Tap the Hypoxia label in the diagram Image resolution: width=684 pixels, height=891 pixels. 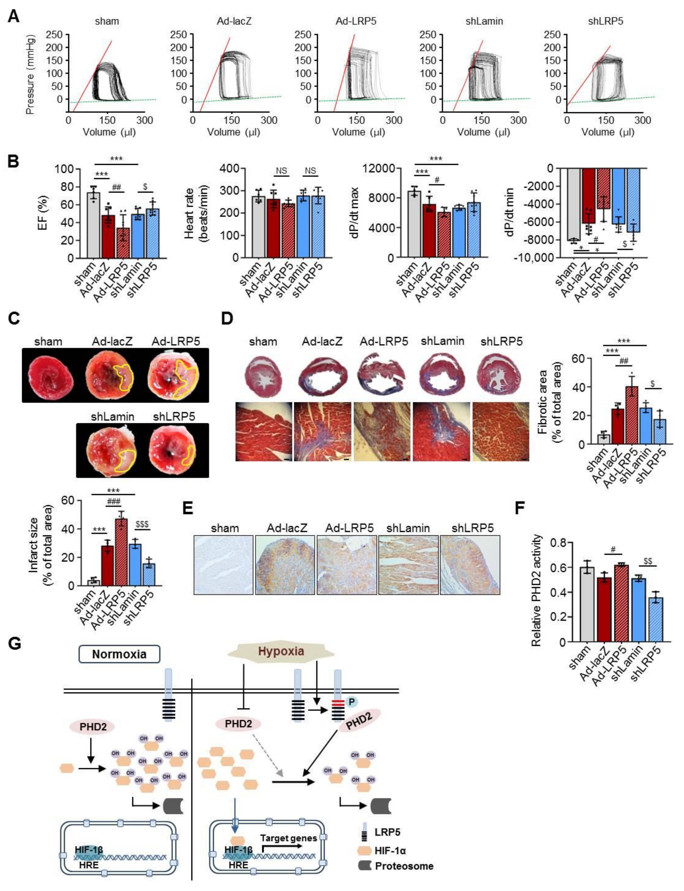coord(281,651)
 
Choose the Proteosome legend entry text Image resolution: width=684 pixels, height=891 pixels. coord(404,866)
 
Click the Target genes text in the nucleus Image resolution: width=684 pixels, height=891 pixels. coord(288,838)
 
